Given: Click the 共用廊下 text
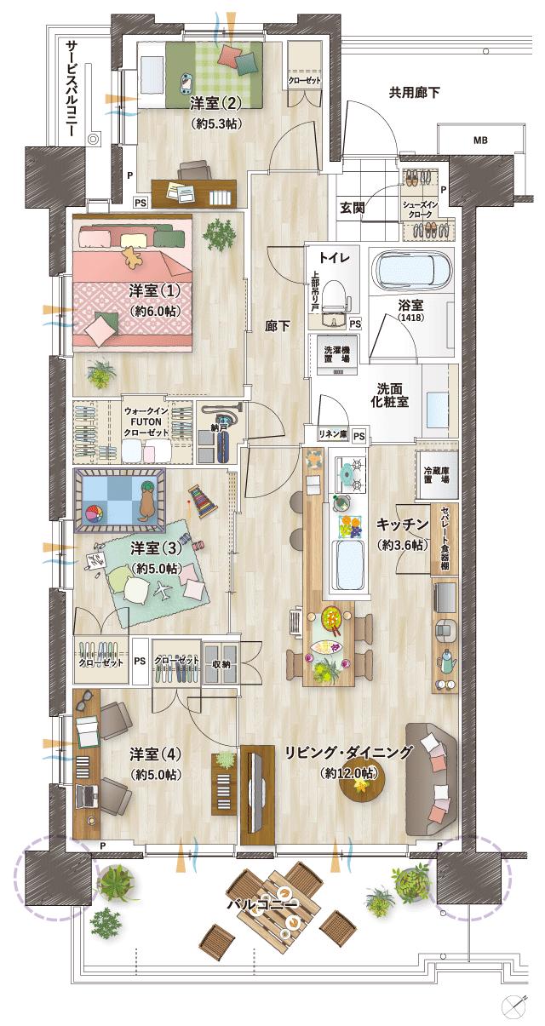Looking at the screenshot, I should [415, 92].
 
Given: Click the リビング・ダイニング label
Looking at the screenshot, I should [348, 752].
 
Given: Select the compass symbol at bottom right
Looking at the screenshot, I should [513, 1005].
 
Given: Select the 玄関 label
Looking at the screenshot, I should [353, 207].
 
